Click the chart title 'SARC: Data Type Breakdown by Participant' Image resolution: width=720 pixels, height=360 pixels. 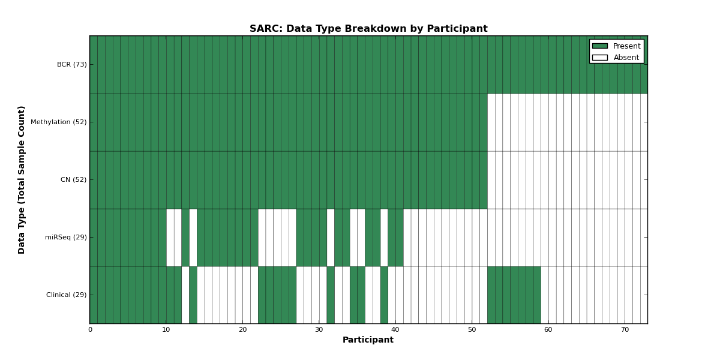coord(368,29)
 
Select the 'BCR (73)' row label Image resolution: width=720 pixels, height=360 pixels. coord(71,64)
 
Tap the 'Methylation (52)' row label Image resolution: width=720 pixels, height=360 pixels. coord(59,122)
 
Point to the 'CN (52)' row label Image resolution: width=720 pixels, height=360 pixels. coord(74,179)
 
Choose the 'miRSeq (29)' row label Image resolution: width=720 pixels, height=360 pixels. coord(66,237)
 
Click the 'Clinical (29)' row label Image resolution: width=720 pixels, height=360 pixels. coord(66,295)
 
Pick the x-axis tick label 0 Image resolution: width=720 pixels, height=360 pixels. coord(90,330)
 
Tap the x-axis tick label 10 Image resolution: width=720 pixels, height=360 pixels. coord(166,330)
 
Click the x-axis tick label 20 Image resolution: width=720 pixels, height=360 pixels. coord(242,330)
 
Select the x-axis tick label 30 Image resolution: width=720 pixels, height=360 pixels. coord(319,330)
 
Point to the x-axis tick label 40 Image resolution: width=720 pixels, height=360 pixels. coord(395,330)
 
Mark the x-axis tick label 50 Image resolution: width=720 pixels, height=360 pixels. coord(472,330)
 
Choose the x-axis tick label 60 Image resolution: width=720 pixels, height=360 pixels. coord(548,330)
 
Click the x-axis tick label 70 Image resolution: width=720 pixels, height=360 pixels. coord(625,330)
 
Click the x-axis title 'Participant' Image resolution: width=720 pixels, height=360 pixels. coord(368,340)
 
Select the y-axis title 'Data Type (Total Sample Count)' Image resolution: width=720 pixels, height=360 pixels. coord(21,180)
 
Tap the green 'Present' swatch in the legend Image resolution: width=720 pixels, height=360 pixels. coord(600,46)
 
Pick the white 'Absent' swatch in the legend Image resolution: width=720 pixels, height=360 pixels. coord(600,58)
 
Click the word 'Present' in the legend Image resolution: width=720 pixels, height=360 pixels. coord(627,46)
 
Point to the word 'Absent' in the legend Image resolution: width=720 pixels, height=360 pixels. coord(626,58)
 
